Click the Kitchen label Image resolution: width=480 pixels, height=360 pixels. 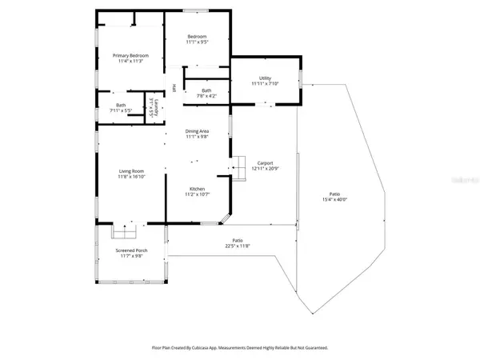(197, 190)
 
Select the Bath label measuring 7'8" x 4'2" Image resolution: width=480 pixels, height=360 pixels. (206, 90)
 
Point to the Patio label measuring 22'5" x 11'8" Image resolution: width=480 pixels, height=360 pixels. (238, 240)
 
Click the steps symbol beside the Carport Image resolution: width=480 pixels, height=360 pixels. (236, 166)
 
